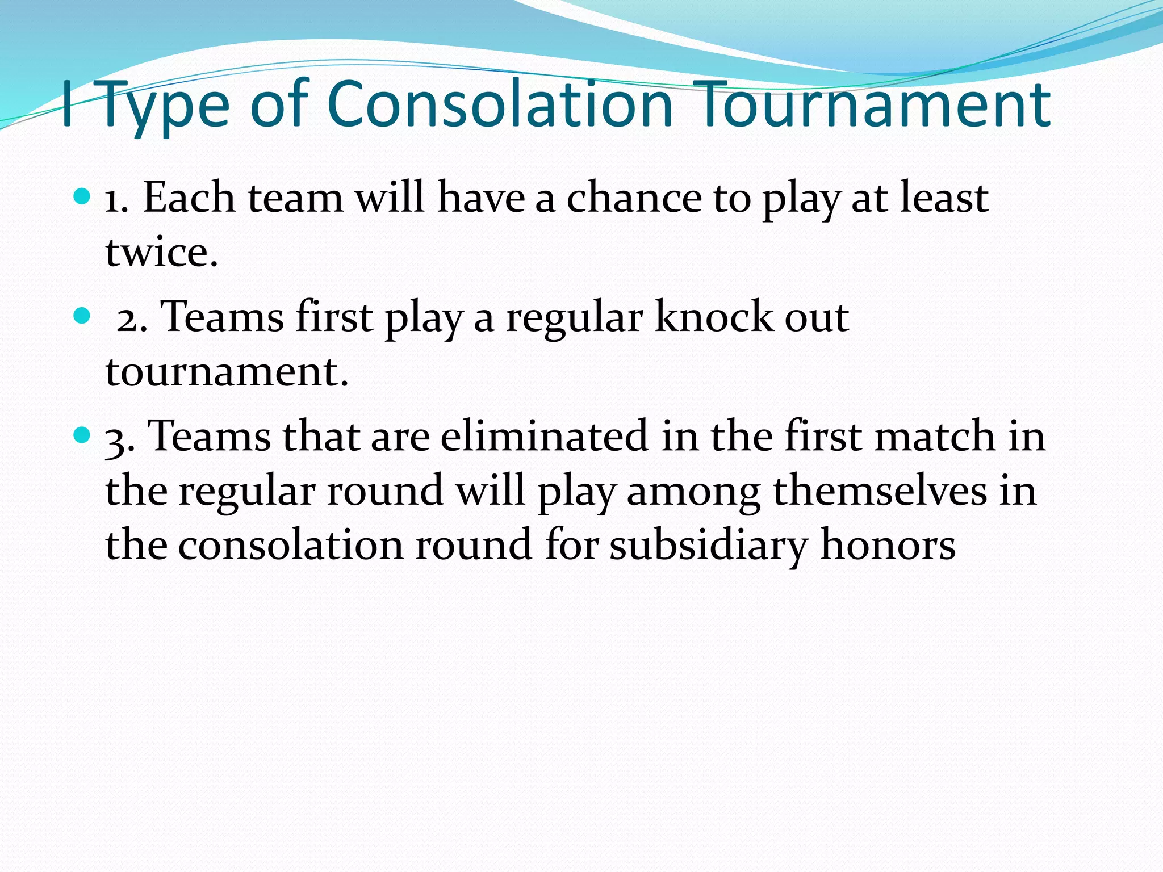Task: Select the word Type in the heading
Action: click(165, 108)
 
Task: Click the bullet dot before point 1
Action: click(82, 197)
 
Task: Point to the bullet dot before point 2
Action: click(82, 316)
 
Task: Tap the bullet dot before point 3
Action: click(82, 435)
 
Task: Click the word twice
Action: click(162, 252)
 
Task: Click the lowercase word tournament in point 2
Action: click(226, 372)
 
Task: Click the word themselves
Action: click(880, 491)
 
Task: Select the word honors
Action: click(888, 545)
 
